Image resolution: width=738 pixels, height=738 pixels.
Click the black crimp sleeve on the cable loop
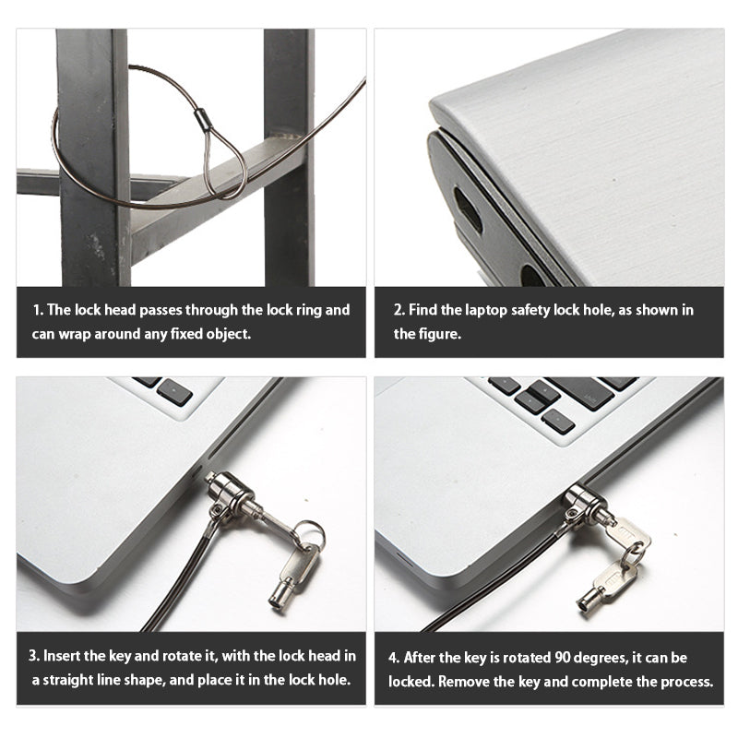(x=202, y=119)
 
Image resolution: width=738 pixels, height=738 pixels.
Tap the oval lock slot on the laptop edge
(x=468, y=210)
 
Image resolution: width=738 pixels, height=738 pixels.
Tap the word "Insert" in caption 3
(x=62, y=656)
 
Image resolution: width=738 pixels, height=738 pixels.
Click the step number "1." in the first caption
(x=38, y=310)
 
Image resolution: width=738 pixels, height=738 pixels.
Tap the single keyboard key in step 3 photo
(x=174, y=393)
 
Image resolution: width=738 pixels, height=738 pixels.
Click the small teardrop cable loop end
(x=225, y=162)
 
